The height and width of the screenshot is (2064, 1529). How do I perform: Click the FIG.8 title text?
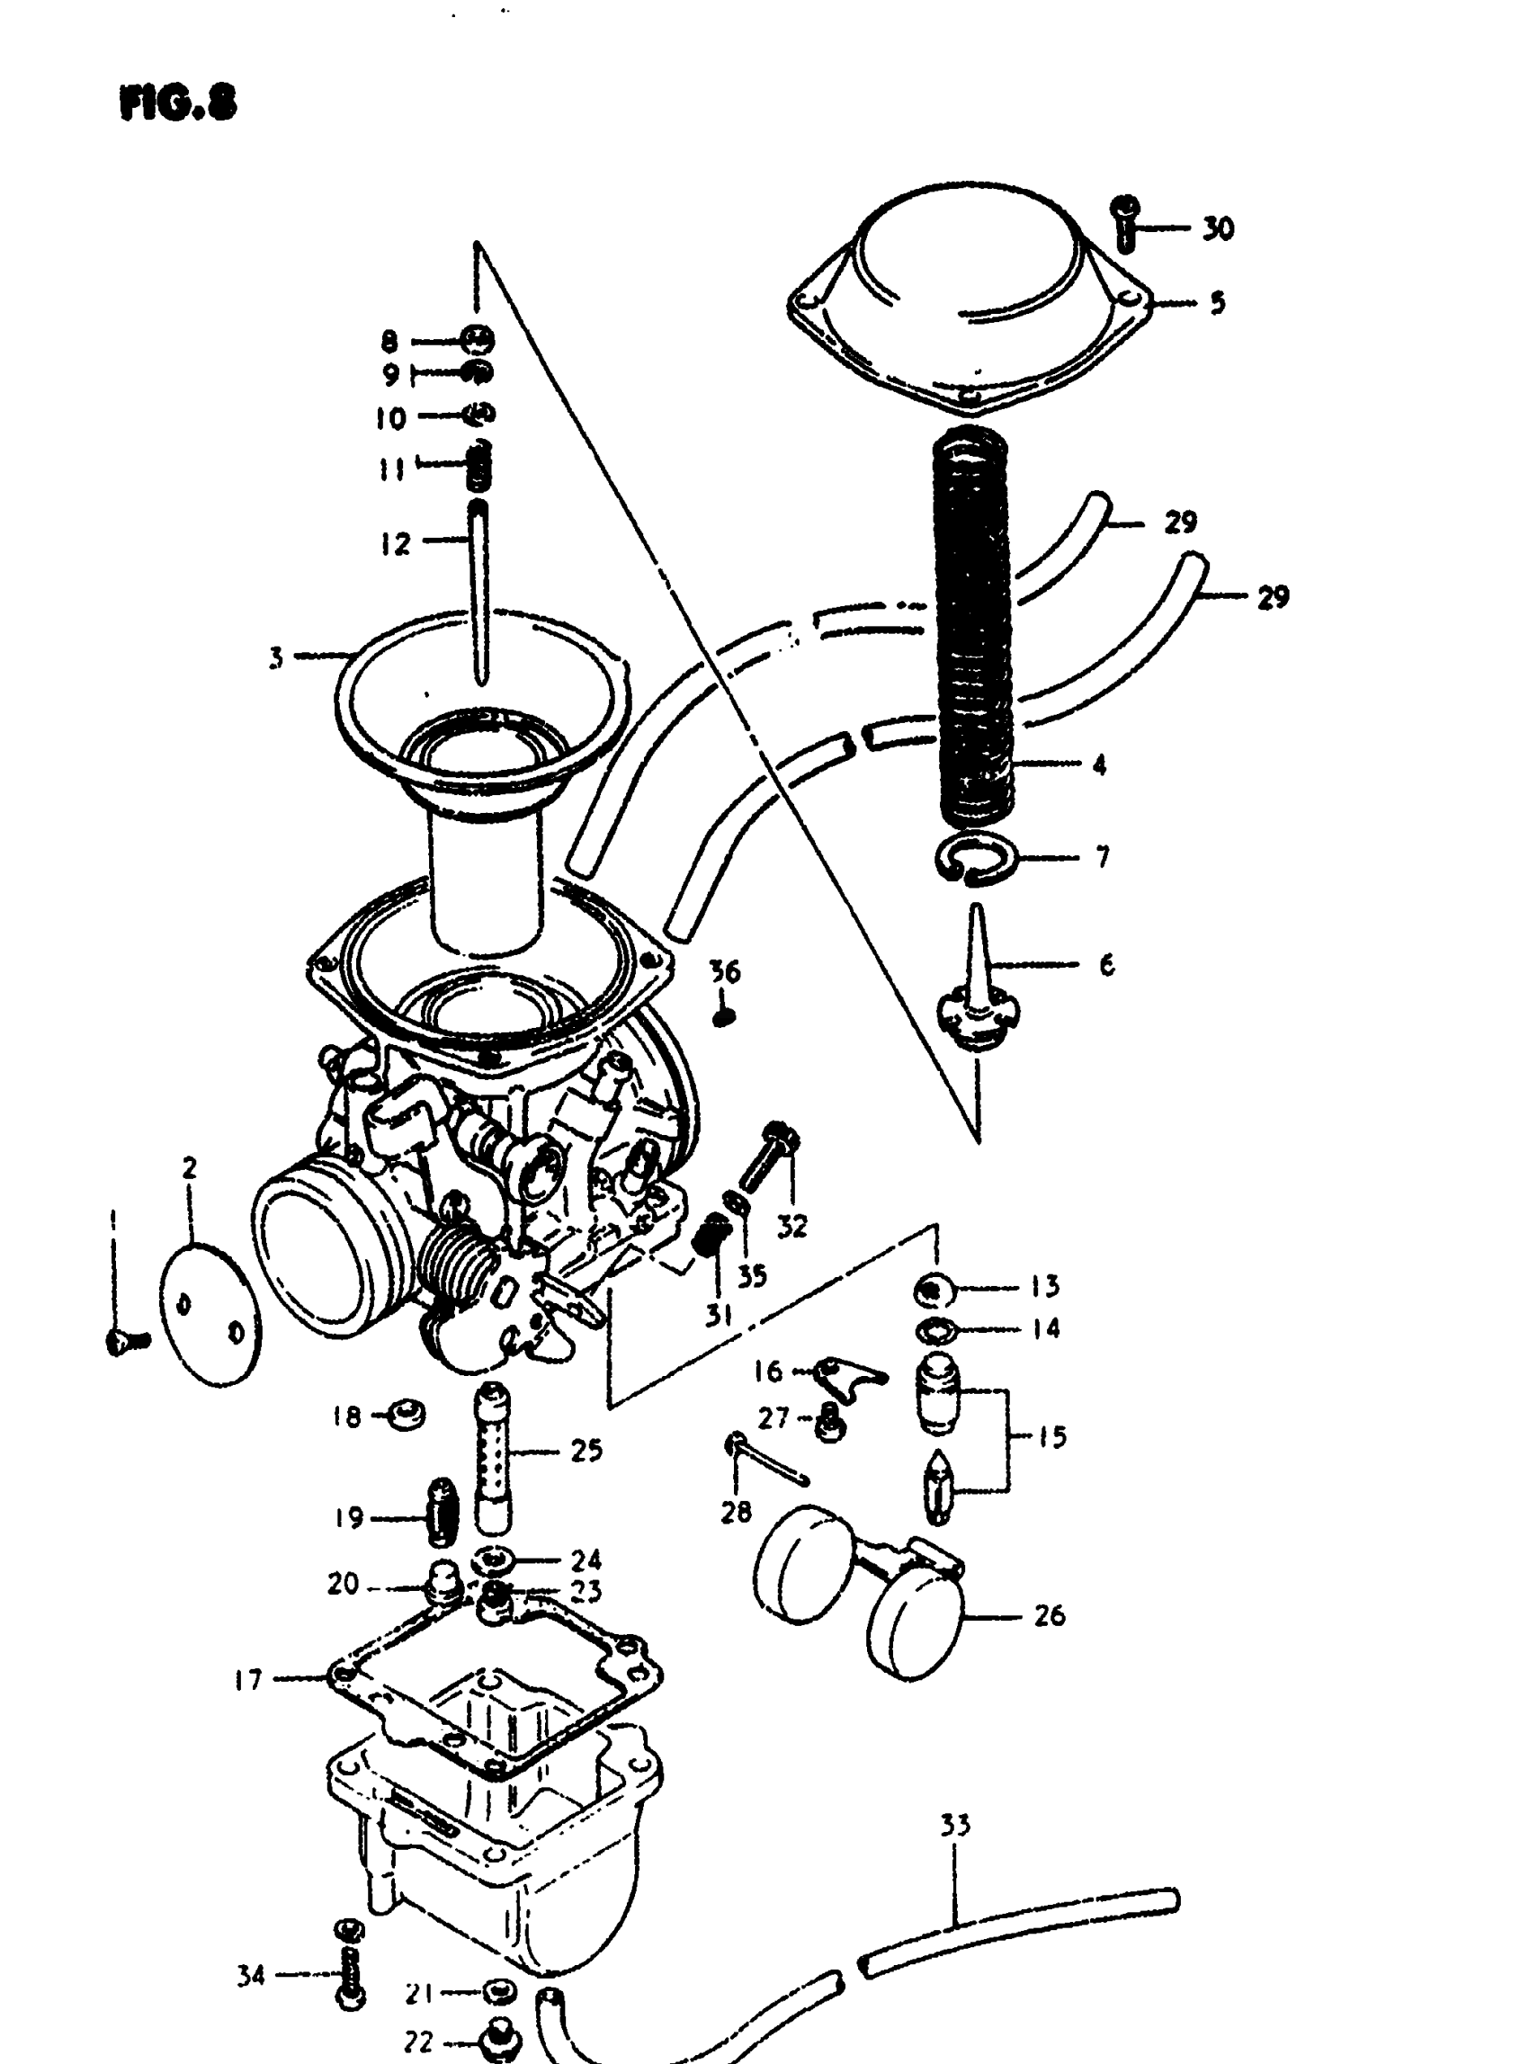tap(178, 103)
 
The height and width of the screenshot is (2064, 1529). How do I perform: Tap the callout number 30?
tap(1218, 228)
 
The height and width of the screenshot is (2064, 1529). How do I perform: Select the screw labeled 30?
tap(1126, 223)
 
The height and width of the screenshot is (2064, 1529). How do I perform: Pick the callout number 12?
tap(396, 543)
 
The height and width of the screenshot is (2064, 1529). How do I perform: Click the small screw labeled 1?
tap(123, 1341)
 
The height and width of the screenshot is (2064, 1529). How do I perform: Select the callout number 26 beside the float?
tap(1049, 1615)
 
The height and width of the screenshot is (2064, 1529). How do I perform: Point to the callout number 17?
tap(248, 1679)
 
